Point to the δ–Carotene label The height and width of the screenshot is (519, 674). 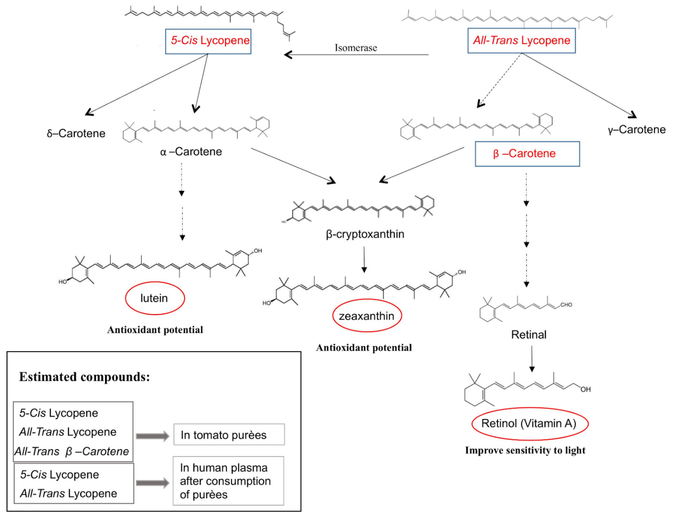click(76, 134)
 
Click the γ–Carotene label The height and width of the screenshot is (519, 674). click(636, 129)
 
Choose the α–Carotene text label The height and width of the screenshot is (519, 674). click(191, 152)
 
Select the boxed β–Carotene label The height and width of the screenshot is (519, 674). click(527, 154)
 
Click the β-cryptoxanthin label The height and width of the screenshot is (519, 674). click(365, 234)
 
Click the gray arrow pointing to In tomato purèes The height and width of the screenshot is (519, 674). click(153, 436)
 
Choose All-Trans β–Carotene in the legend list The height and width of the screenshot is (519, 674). click(72, 451)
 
